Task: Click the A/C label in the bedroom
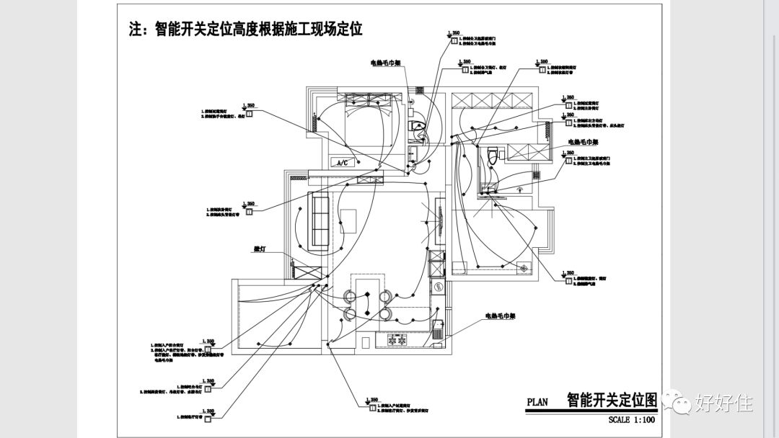coord(343,163)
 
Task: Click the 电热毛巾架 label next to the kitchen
coord(502,316)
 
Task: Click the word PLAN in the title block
coord(538,402)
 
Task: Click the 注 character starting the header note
coord(135,30)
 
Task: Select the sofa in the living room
coord(320,219)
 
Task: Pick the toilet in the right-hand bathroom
coord(493,155)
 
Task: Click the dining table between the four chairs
coord(368,304)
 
